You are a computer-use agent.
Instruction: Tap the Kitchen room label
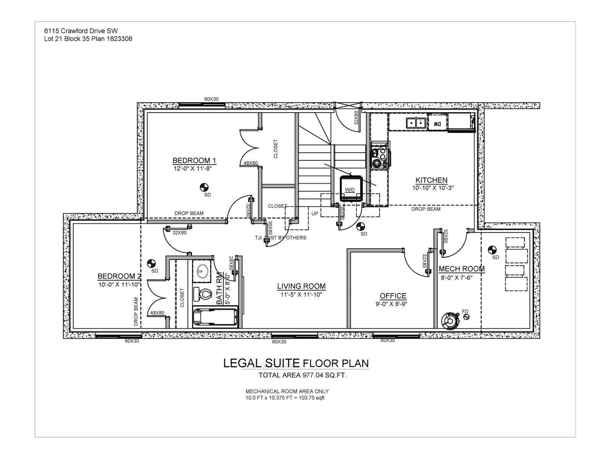[432, 180]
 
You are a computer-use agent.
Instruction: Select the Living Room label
[301, 286]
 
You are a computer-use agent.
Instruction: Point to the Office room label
[393, 296]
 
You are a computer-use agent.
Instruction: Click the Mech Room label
[462, 269]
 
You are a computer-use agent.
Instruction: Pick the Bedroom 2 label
[119, 276]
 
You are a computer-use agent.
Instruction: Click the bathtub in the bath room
[215, 316]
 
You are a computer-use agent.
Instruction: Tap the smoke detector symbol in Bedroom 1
[204, 187]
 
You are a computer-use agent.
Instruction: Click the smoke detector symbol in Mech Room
[492, 250]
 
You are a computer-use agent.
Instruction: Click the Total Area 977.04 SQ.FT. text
[302, 375]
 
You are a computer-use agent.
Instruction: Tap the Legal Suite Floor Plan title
[296, 363]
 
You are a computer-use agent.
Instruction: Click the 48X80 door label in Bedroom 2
[157, 313]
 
